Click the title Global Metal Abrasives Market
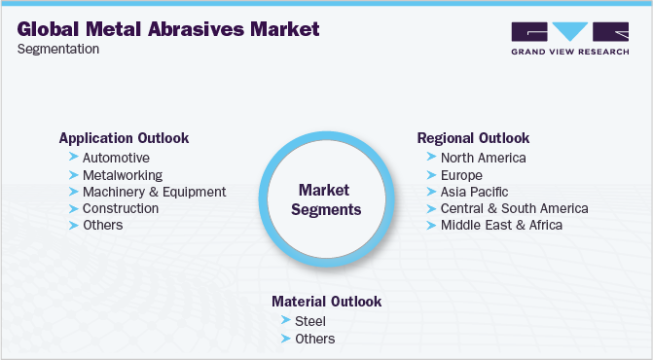[168, 30]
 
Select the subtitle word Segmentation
[58, 50]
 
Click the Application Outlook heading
[124, 138]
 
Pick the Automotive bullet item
[116, 158]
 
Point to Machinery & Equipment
[154, 192]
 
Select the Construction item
[121, 208]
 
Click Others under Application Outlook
[103, 226]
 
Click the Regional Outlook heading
[473, 138]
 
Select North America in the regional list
[483, 158]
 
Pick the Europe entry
[461, 175]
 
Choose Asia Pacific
[474, 192]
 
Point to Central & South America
[514, 208]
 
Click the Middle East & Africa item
[501, 226]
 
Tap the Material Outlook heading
[325, 302]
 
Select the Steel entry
[310, 321]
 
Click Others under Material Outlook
[314, 339]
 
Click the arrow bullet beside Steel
[284, 321]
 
